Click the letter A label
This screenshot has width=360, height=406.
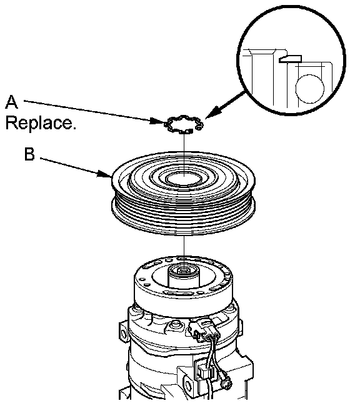(x=12, y=102)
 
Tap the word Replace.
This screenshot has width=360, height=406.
(x=41, y=122)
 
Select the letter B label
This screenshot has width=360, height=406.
(x=29, y=154)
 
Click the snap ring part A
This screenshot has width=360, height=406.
(x=184, y=124)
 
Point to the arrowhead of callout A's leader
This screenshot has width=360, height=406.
(x=159, y=121)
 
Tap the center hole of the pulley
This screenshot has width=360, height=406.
(x=184, y=179)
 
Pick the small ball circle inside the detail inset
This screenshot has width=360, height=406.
(x=310, y=88)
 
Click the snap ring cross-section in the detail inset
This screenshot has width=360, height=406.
(x=290, y=59)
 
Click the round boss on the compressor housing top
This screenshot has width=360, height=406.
(x=175, y=325)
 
